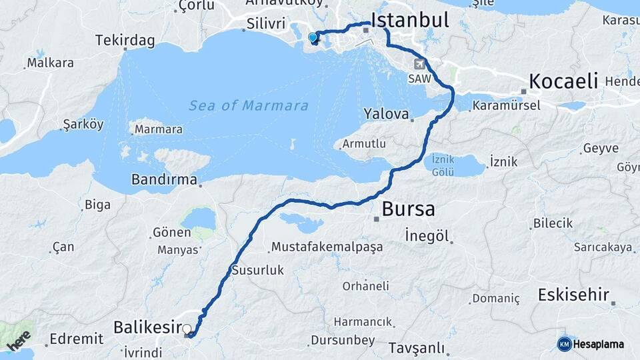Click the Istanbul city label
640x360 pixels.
[409, 20]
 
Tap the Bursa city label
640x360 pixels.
[408, 209]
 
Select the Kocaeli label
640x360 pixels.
[563, 82]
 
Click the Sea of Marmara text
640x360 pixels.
[249, 105]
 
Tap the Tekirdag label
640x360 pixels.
[125, 41]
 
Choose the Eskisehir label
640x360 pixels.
[574, 294]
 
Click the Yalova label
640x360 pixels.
[386, 114]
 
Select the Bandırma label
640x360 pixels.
[164, 179]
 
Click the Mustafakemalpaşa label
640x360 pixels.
[327, 247]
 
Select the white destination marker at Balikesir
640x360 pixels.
[187, 329]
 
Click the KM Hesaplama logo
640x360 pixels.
[591, 344]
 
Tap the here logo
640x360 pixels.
[19, 341]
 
